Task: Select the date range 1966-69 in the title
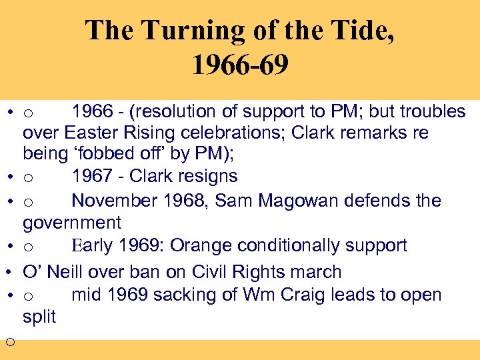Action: tap(240, 65)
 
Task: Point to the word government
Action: tap(72, 223)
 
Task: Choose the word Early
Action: tap(92, 246)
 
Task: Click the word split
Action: tap(39, 317)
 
